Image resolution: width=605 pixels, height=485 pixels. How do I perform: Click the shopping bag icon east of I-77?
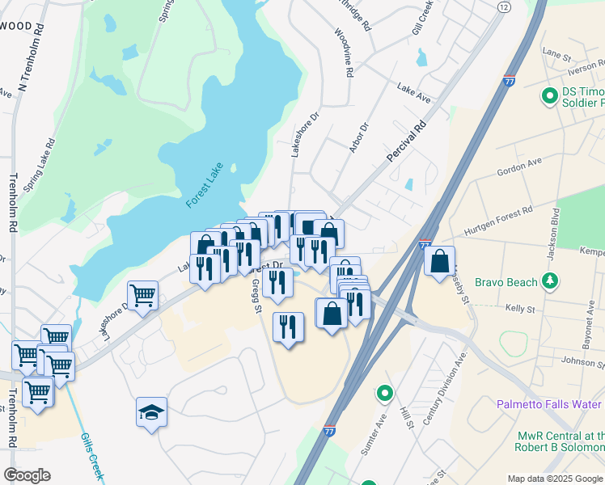439,261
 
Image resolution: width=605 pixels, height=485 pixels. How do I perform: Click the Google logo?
27,475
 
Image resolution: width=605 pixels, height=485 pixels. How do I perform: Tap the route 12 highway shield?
504,6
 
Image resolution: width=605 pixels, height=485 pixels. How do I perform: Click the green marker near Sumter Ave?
385,394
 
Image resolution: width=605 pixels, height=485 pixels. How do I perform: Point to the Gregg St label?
256,296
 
